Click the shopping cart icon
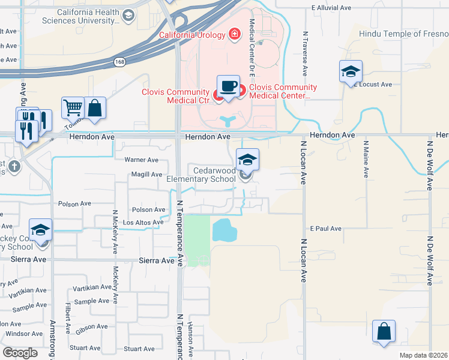(x=73, y=108)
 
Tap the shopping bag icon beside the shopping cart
(x=95, y=108)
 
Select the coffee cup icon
(x=228, y=86)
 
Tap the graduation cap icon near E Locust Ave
(x=351, y=72)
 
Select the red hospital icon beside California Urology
(x=234, y=34)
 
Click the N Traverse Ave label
(x=306, y=53)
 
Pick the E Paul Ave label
(x=325, y=229)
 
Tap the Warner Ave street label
(x=141, y=160)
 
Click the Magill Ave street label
(x=144, y=175)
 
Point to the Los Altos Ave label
(x=143, y=223)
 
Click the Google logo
(x=20, y=352)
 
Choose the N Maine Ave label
(x=366, y=159)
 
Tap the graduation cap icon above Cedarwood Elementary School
(x=247, y=160)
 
